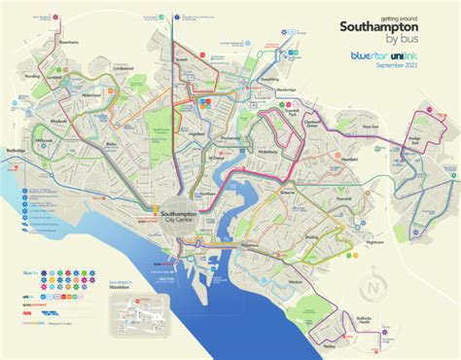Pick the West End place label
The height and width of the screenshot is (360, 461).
tap(367, 126)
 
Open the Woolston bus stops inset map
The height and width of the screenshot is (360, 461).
tap(152, 309)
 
